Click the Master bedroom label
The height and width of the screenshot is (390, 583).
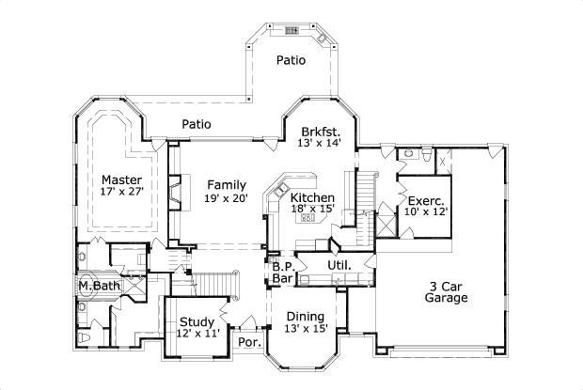pos(122,179)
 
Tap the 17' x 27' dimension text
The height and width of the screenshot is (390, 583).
pos(122,193)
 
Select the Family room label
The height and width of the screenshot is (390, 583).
pos(227,184)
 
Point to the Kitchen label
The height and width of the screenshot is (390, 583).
pos(312,197)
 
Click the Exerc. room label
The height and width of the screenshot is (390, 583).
pos(426,200)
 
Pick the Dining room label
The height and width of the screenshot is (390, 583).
pos(306,316)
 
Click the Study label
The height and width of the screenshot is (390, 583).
pos(197,321)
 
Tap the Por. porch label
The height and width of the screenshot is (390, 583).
pos(248,342)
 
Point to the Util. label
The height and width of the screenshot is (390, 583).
pos(339,266)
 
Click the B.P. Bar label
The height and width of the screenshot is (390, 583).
pos(283,273)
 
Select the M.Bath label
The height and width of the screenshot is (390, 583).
pos(97,286)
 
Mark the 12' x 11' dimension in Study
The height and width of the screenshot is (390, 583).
pos(197,333)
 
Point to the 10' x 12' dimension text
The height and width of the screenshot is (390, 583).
pos(426,211)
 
